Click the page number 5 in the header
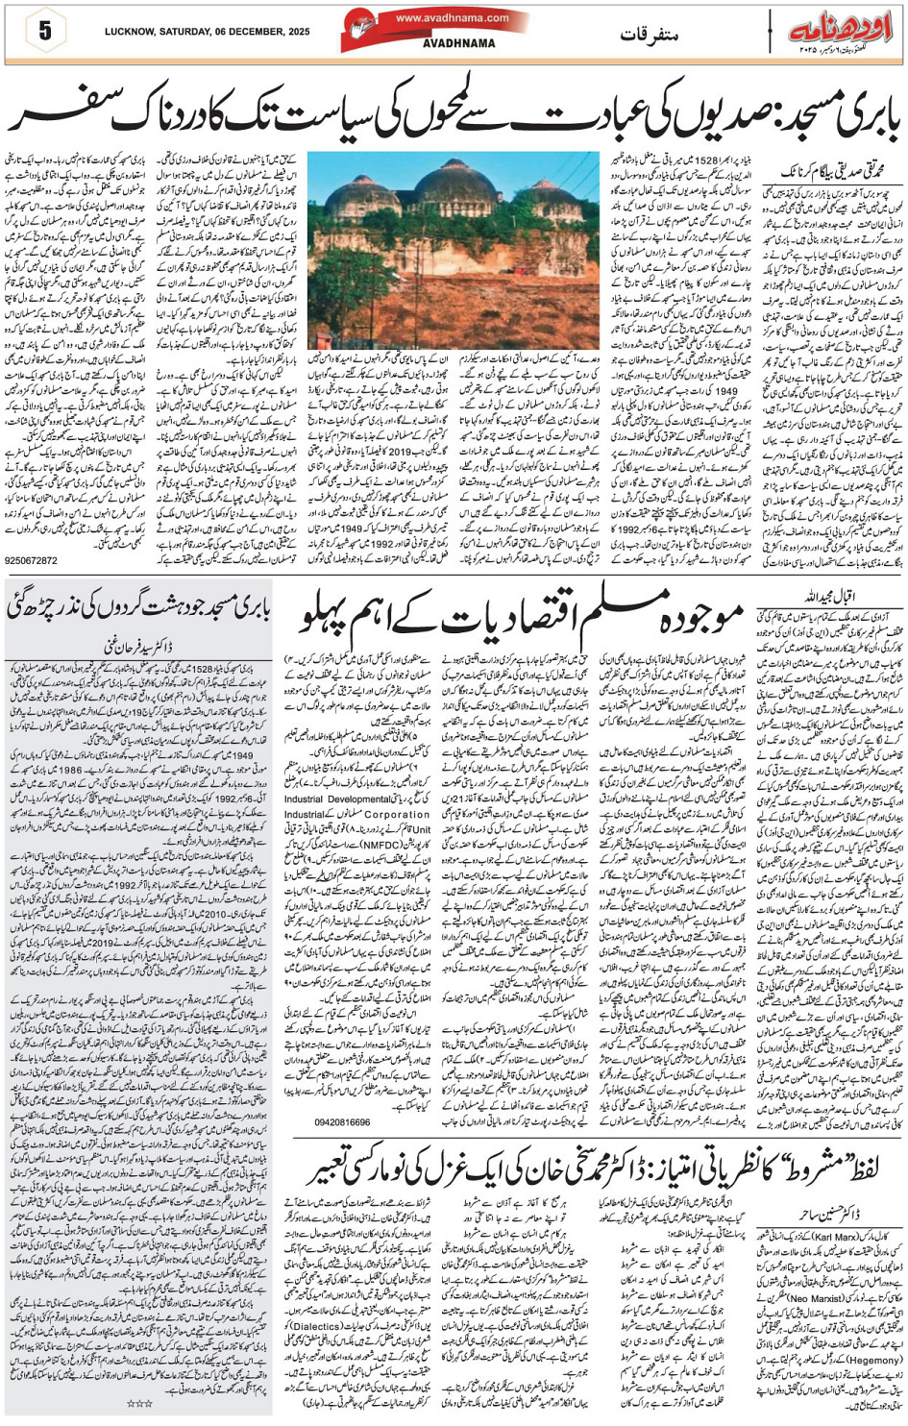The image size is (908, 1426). tap(44, 31)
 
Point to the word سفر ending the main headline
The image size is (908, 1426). tap(67, 117)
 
